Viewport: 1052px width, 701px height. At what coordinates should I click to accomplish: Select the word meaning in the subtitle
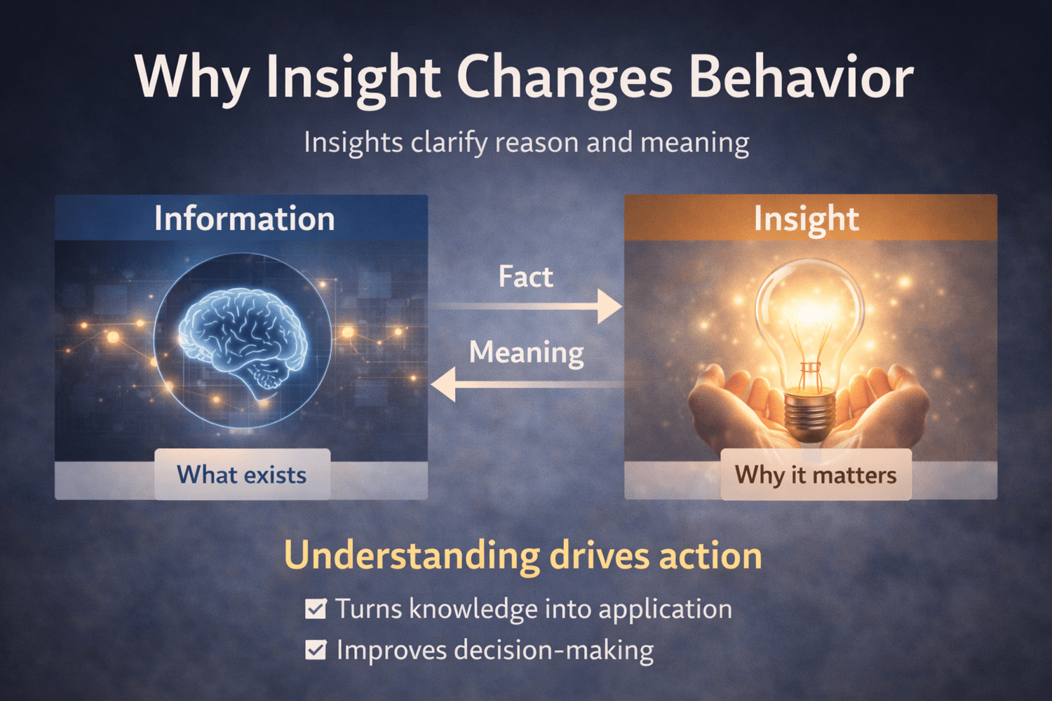pos(694,142)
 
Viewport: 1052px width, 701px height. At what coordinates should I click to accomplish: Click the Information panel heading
pos(244,218)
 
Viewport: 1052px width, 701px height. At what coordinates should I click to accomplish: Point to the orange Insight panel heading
pos(807,219)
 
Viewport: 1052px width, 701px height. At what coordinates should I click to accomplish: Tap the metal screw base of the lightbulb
pos(811,415)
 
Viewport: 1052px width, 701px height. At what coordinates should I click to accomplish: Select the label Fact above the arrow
pos(525,277)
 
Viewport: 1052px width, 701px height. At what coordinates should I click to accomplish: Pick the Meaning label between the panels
pos(527,353)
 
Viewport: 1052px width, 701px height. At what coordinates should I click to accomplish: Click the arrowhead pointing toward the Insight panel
pos(610,306)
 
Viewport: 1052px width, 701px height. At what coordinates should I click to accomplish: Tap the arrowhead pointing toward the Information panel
pos(443,385)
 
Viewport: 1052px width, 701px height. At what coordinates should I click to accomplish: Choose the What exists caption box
pos(243,474)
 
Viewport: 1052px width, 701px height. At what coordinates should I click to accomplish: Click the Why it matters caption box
pos(816,474)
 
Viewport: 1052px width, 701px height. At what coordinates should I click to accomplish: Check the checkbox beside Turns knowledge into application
pos(315,609)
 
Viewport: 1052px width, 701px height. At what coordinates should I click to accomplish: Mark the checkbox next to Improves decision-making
pos(315,650)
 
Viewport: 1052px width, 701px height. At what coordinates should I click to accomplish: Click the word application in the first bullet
pos(665,610)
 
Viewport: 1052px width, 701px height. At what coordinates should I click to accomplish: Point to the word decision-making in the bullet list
pos(554,651)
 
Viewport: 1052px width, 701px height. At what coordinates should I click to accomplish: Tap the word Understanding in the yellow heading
pos(412,557)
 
